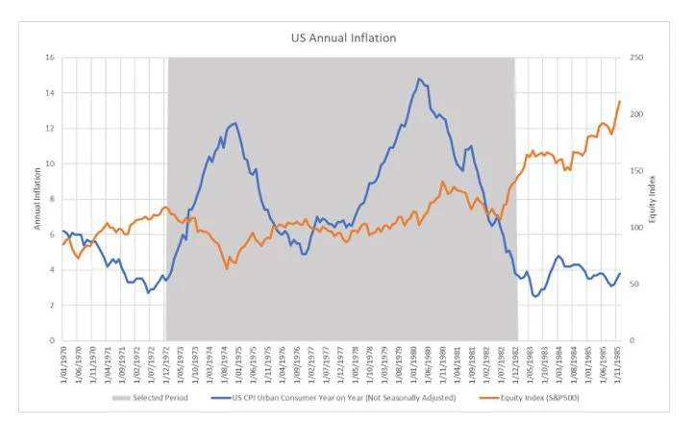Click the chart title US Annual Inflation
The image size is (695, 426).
(343, 38)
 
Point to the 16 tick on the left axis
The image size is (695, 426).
(50, 58)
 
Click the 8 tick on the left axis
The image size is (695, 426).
(52, 199)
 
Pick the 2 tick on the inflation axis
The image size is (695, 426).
(52, 305)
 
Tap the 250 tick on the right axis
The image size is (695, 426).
(635, 58)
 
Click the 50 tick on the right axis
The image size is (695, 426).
(633, 284)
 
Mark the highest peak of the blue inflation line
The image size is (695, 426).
(419, 79)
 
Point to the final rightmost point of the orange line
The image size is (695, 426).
(620, 101)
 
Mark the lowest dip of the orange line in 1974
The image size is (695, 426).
(227, 267)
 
